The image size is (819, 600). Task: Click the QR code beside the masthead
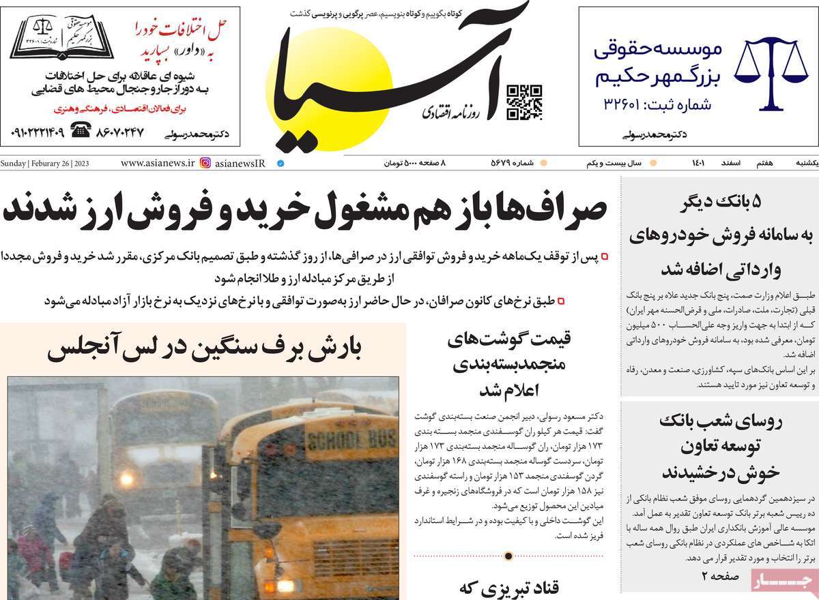coord(524,102)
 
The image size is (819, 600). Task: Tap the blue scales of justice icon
coord(771,74)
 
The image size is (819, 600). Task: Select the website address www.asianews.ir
coord(158,164)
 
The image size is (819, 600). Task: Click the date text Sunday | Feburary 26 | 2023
coord(45,164)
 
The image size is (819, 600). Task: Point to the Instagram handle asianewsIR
coord(240,164)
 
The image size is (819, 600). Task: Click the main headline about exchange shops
coord(304,211)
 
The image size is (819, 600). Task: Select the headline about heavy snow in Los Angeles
coord(205,349)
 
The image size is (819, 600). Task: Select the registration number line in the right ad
coord(657,105)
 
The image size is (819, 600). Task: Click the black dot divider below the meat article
coord(508,556)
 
